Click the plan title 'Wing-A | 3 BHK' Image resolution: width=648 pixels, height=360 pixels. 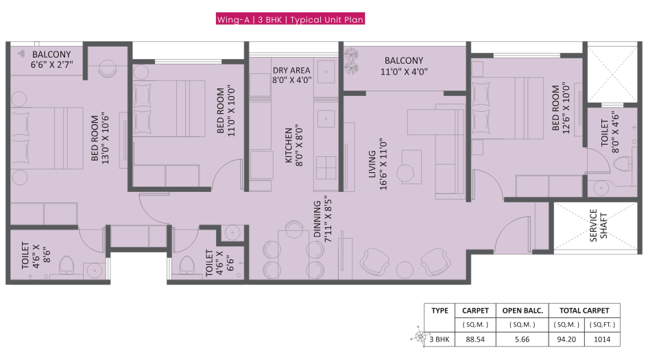(x=290, y=20)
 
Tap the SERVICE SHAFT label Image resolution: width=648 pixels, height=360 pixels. (x=598, y=226)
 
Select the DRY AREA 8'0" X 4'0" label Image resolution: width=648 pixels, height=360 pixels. (x=291, y=75)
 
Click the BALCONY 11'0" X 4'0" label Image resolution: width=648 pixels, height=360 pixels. (x=404, y=65)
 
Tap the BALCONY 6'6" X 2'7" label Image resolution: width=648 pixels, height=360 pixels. (x=51, y=60)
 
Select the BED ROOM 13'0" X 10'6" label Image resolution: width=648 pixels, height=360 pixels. (x=101, y=136)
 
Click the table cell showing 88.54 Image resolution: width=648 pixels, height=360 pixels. (x=475, y=339)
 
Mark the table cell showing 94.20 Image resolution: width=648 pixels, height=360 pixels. (x=565, y=339)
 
